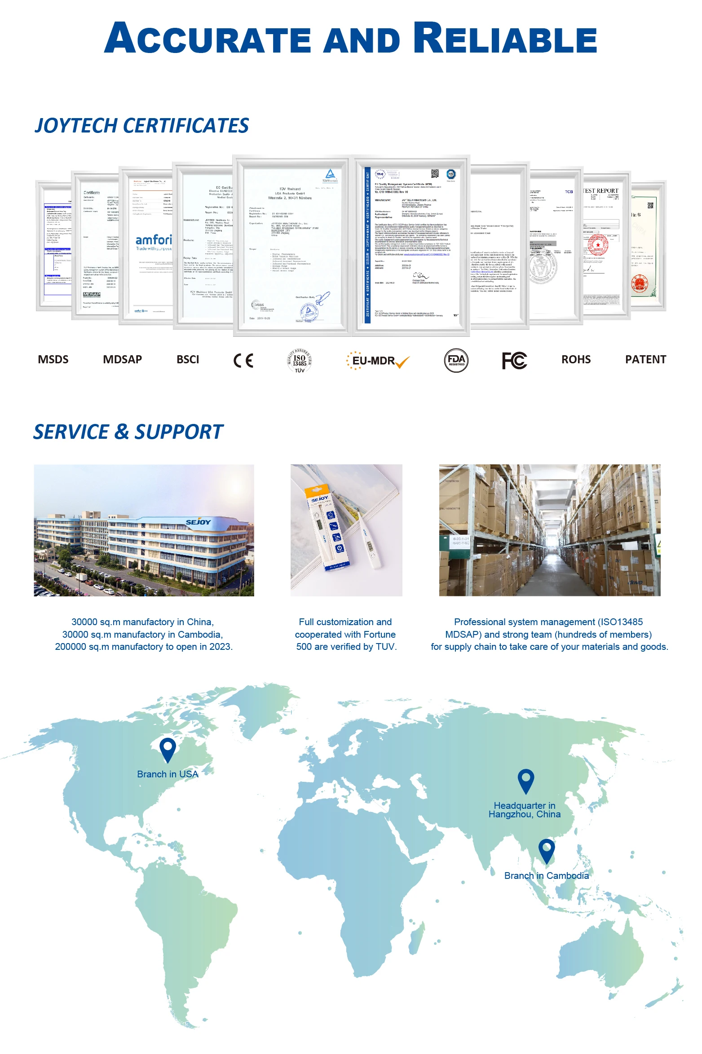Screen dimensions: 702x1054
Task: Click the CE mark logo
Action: point(243,360)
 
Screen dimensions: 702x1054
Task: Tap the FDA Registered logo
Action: point(456,360)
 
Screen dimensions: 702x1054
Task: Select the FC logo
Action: point(514,360)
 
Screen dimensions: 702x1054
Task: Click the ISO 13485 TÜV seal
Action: point(299,360)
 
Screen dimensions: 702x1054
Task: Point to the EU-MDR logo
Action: point(378,361)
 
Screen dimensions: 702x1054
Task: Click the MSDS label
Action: point(53,359)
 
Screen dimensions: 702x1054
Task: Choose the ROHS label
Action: point(576,359)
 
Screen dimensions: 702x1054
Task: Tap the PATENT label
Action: point(645,359)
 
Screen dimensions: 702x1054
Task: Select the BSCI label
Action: point(188,359)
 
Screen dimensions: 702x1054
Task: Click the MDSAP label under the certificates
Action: point(122,359)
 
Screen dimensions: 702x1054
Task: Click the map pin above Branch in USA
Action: point(168,750)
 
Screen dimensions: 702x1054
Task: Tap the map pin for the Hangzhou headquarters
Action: point(525,781)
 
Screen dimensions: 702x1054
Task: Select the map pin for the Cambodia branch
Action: point(546,851)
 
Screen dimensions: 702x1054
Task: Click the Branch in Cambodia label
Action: point(546,875)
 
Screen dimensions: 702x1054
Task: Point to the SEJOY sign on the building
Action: point(198,522)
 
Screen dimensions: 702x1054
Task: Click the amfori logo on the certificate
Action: point(154,240)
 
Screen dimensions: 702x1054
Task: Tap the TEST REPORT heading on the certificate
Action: point(600,191)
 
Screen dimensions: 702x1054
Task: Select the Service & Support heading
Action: point(128,432)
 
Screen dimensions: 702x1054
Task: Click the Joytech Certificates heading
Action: point(141,125)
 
